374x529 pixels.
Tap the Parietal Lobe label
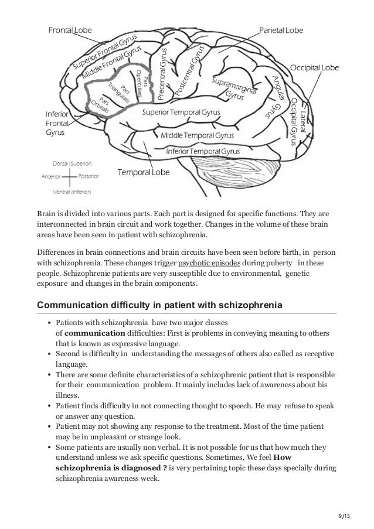[281, 30]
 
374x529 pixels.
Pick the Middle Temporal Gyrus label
[197, 136]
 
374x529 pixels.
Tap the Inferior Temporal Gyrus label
[203, 151]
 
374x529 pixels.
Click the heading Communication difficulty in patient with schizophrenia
[159, 305]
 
